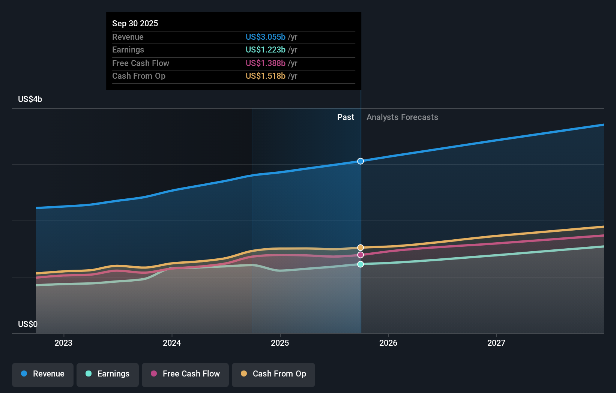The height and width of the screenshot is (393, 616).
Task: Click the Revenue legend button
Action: [x=43, y=374]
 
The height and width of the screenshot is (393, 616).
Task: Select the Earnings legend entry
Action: [x=108, y=374]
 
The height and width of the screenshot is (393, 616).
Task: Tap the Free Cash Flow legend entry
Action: [x=185, y=374]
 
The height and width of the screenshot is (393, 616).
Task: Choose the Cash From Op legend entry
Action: [x=273, y=374]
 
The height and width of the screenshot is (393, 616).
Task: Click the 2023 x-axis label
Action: [x=63, y=343]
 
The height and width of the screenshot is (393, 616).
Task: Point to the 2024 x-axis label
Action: [x=172, y=343]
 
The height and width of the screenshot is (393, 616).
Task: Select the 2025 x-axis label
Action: [x=280, y=343]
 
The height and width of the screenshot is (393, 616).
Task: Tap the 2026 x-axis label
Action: [x=388, y=343]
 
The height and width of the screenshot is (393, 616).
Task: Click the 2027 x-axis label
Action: [x=496, y=343]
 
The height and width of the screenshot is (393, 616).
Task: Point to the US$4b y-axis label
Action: [x=30, y=99]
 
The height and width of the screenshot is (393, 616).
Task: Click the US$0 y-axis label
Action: [x=28, y=324]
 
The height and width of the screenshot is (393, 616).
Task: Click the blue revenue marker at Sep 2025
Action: [x=361, y=161]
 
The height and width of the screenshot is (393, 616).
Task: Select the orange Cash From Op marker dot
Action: [x=361, y=247]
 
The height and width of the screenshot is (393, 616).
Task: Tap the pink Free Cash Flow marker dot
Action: [x=361, y=255]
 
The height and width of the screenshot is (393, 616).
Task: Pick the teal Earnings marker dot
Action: [x=361, y=264]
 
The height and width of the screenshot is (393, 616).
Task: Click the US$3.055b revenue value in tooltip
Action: [x=266, y=37]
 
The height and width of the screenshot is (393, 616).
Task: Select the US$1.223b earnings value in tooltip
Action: [x=266, y=50]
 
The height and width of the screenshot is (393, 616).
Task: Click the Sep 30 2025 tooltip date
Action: [x=135, y=23]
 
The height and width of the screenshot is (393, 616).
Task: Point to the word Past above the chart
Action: [x=346, y=117]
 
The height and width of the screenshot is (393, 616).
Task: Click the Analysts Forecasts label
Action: [x=402, y=117]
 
